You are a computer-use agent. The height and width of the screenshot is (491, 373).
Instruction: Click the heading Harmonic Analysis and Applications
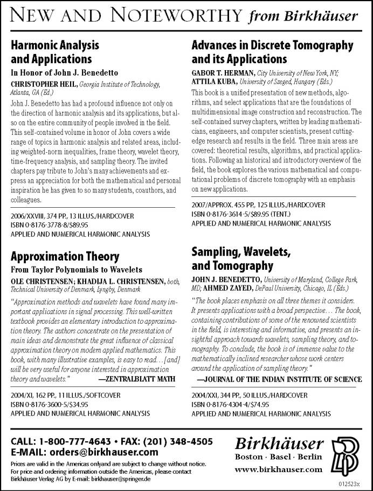[x=52, y=52]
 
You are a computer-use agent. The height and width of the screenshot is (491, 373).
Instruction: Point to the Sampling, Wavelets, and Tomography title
[x=241, y=258]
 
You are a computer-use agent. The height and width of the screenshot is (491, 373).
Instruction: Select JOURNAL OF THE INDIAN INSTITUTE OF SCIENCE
[x=280, y=379]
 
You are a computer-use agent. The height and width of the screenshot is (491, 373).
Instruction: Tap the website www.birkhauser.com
[x=279, y=469]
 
